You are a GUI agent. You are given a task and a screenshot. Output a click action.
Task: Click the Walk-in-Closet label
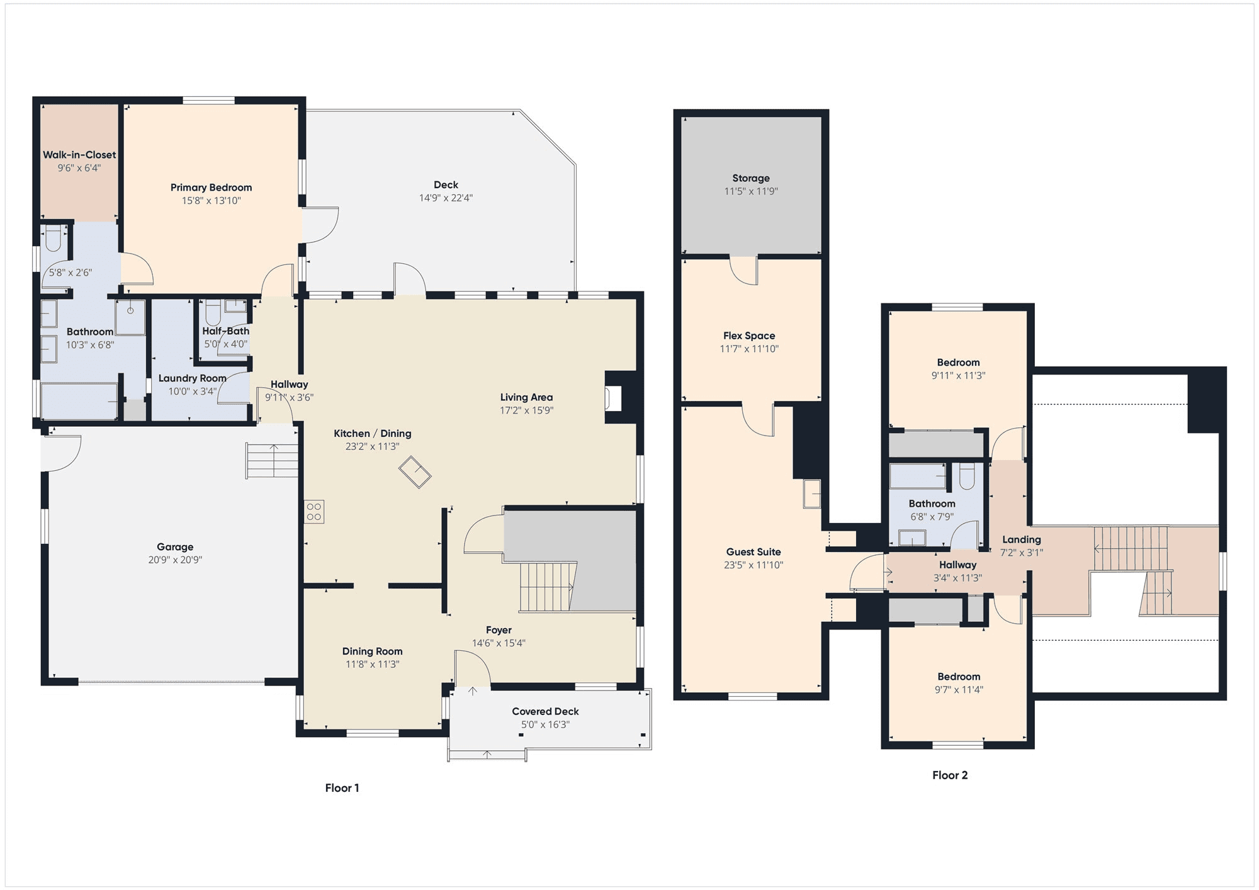click(79, 155)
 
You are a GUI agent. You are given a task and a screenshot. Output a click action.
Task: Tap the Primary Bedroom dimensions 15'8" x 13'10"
click(212, 201)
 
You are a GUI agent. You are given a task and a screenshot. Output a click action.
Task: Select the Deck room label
click(446, 184)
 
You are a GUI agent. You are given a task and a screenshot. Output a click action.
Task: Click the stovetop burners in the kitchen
click(314, 512)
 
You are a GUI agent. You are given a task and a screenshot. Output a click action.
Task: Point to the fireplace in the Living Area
click(613, 398)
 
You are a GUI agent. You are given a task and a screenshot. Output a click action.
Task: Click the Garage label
click(175, 547)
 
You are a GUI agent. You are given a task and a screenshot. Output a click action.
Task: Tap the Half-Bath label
click(226, 331)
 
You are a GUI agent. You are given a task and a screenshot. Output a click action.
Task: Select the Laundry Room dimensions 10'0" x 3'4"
click(193, 391)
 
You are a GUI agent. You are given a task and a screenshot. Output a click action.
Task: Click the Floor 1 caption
click(342, 788)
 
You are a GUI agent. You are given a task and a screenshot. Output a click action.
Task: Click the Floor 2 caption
click(950, 775)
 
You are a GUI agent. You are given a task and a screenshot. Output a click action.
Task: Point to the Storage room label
click(751, 178)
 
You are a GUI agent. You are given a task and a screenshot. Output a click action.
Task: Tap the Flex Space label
click(749, 336)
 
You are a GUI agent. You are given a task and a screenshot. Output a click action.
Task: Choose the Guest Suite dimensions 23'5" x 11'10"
click(754, 565)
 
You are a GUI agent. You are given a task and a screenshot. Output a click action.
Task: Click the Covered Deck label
click(545, 711)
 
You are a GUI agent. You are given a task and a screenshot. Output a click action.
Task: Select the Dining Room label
click(372, 651)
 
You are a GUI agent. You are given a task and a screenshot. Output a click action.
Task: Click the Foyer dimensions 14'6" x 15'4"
click(499, 643)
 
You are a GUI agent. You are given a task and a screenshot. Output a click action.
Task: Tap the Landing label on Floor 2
click(1022, 539)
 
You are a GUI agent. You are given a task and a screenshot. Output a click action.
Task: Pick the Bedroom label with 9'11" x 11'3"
click(958, 363)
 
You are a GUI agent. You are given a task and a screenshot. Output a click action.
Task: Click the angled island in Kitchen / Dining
click(415, 472)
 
